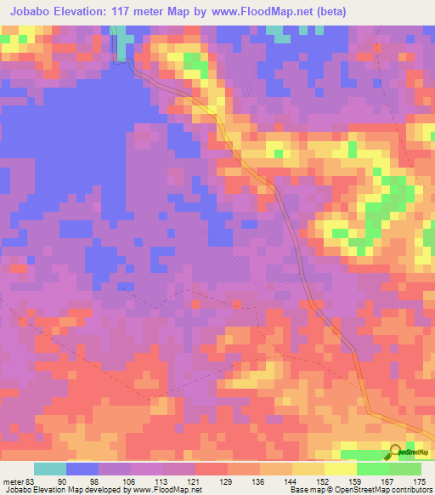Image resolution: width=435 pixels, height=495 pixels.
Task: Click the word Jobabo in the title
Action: click(x=35, y=12)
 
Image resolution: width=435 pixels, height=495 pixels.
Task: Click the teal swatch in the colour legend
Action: click(x=50, y=469)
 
